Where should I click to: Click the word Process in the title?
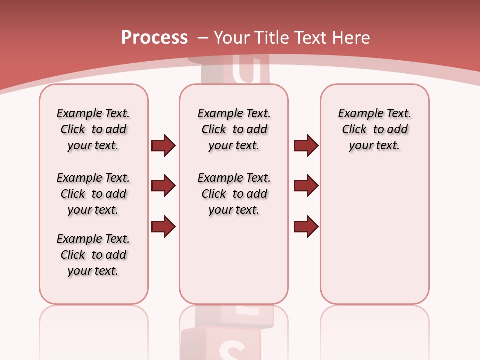click(x=154, y=38)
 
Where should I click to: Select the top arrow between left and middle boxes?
click(x=163, y=145)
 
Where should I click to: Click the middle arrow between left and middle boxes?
click(x=163, y=186)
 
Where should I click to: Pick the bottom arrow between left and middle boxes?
click(x=163, y=226)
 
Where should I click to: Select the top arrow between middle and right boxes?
click(x=306, y=145)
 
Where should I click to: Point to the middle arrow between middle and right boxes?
click(x=306, y=186)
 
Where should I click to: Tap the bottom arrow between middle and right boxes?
click(x=306, y=226)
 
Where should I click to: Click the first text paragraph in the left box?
click(x=93, y=129)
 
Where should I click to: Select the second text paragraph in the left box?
click(x=93, y=194)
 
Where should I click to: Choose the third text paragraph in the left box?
click(x=93, y=255)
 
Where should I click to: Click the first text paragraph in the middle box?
click(x=234, y=129)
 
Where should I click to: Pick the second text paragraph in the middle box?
click(x=234, y=194)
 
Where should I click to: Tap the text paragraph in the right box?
click(x=374, y=129)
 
